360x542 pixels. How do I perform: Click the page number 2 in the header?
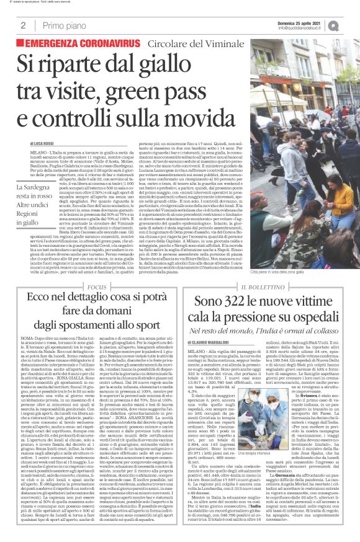23,25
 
